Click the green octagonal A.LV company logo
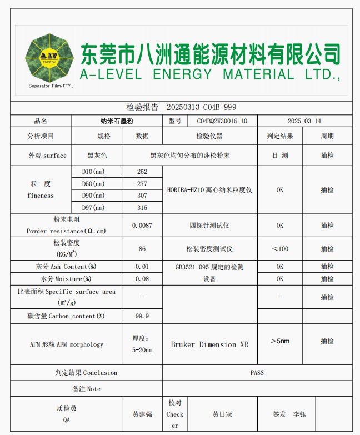point(48,57)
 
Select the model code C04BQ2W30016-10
point(222,121)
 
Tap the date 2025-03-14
point(304,121)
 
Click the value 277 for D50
point(142,184)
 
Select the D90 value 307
point(142,196)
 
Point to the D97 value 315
point(142,208)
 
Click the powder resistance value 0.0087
point(142,226)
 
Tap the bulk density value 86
point(142,249)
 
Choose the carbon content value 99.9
point(142,316)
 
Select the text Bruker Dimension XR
point(209,344)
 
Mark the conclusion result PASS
point(257,372)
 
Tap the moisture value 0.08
point(142,279)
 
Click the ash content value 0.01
point(142,267)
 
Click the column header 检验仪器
point(209,136)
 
